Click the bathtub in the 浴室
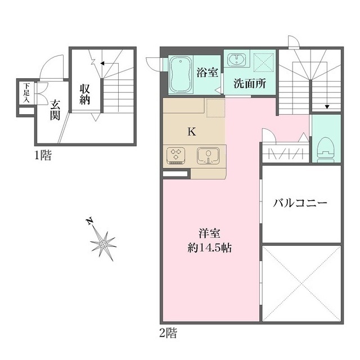coord(181,75)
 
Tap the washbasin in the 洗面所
coord(236,59)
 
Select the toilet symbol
coord(325,150)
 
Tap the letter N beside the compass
coord(90,221)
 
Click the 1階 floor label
coord(43,155)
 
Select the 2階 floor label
coord(168,333)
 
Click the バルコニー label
coord(300,203)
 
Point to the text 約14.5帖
coord(210,248)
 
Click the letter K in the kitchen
coord(192,132)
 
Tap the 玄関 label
coord(55,110)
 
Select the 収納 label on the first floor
coord(85,94)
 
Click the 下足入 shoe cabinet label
coord(26,93)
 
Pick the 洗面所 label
coord(250,83)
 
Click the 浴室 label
coord(208,73)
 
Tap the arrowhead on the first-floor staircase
coord(102,63)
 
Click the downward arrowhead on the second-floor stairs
coord(327,107)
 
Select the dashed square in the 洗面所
coord(263,62)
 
